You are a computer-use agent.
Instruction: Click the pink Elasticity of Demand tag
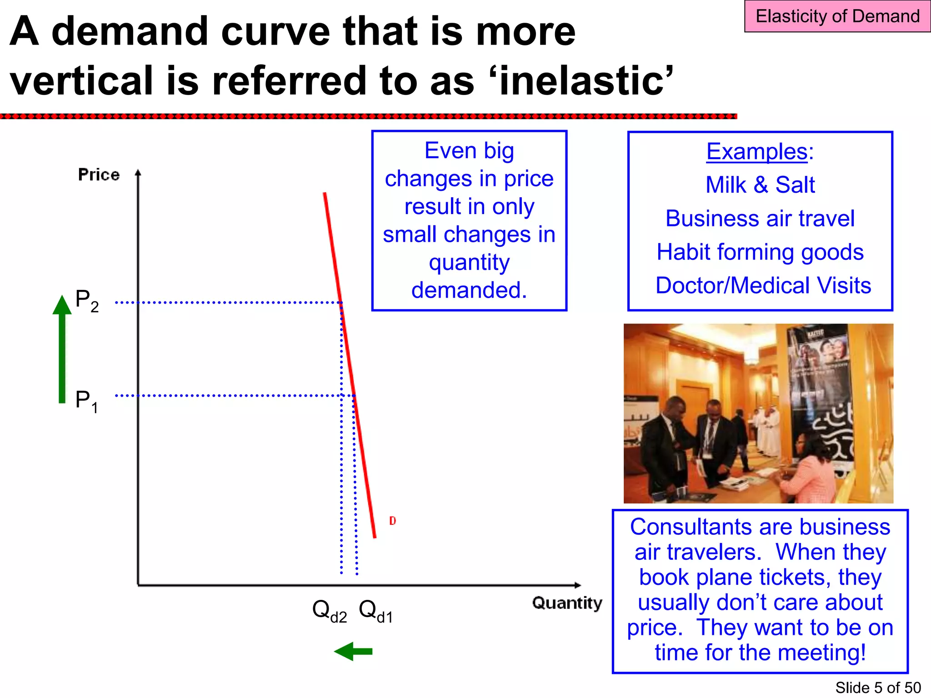[x=837, y=16]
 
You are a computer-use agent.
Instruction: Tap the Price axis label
[x=99, y=174]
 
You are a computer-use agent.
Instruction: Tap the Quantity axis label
[x=567, y=603]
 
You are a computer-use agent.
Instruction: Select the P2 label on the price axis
[x=86, y=301]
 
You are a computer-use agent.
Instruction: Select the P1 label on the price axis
[x=86, y=401]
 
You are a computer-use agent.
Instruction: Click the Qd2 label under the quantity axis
[x=329, y=610]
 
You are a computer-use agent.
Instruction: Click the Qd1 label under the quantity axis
[x=375, y=610]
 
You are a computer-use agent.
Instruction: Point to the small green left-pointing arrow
[x=353, y=651]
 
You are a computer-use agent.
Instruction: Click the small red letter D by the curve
[x=392, y=521]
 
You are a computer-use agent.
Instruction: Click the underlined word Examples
[x=756, y=151]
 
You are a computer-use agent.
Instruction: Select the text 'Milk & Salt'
[x=760, y=185]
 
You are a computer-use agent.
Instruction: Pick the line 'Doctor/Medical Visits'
[x=763, y=285]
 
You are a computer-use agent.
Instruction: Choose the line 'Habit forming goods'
[x=760, y=252]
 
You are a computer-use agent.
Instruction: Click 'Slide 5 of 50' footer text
[x=878, y=688]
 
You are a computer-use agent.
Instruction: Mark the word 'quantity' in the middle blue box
[x=469, y=262]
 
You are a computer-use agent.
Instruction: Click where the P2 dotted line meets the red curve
[x=341, y=302]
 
